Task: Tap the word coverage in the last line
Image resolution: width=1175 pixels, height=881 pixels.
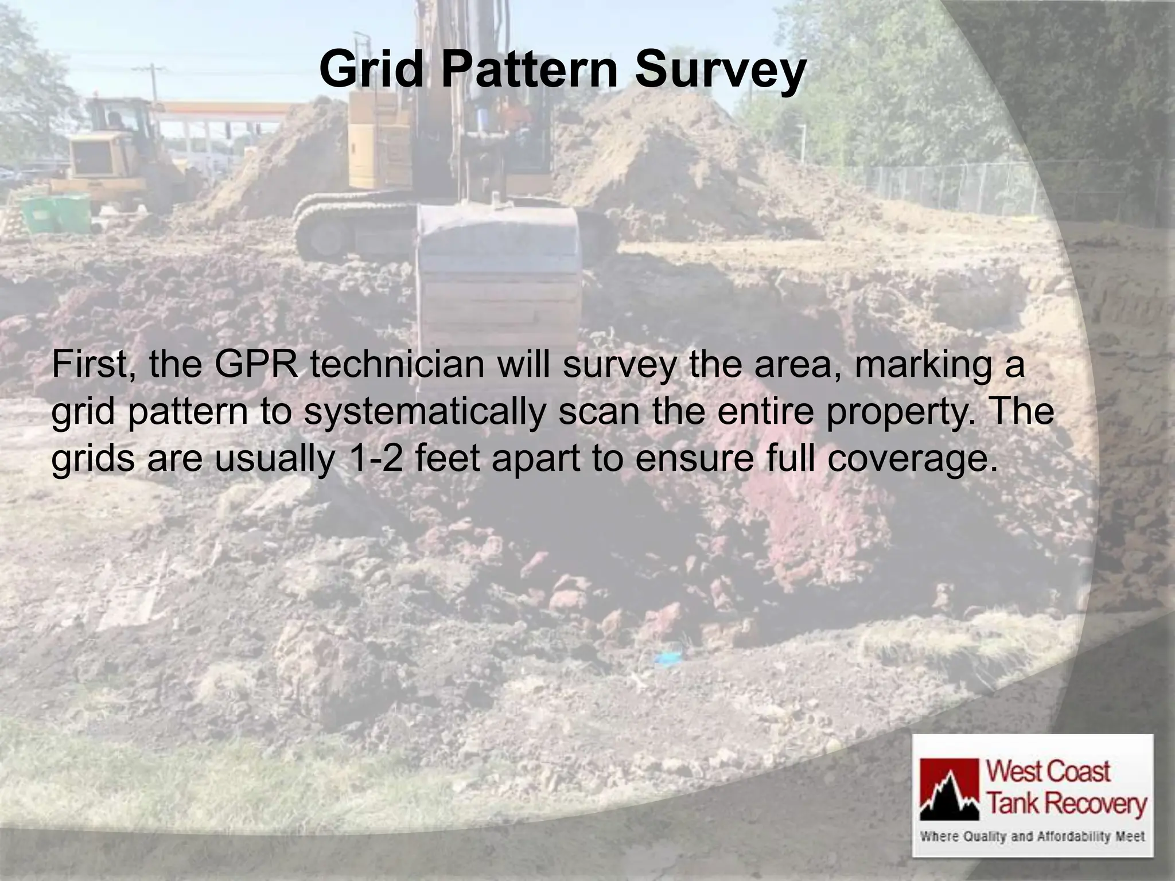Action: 912,461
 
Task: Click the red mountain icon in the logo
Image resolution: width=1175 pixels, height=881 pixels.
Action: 950,789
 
